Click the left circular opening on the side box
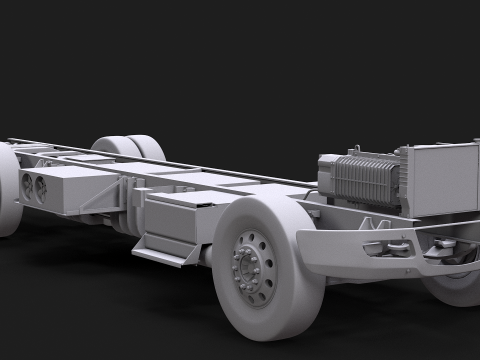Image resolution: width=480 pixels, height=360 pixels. coord(27,184)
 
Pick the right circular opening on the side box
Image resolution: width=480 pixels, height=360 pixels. coord(41,186)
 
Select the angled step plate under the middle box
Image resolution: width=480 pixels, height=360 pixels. coord(160,255)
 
